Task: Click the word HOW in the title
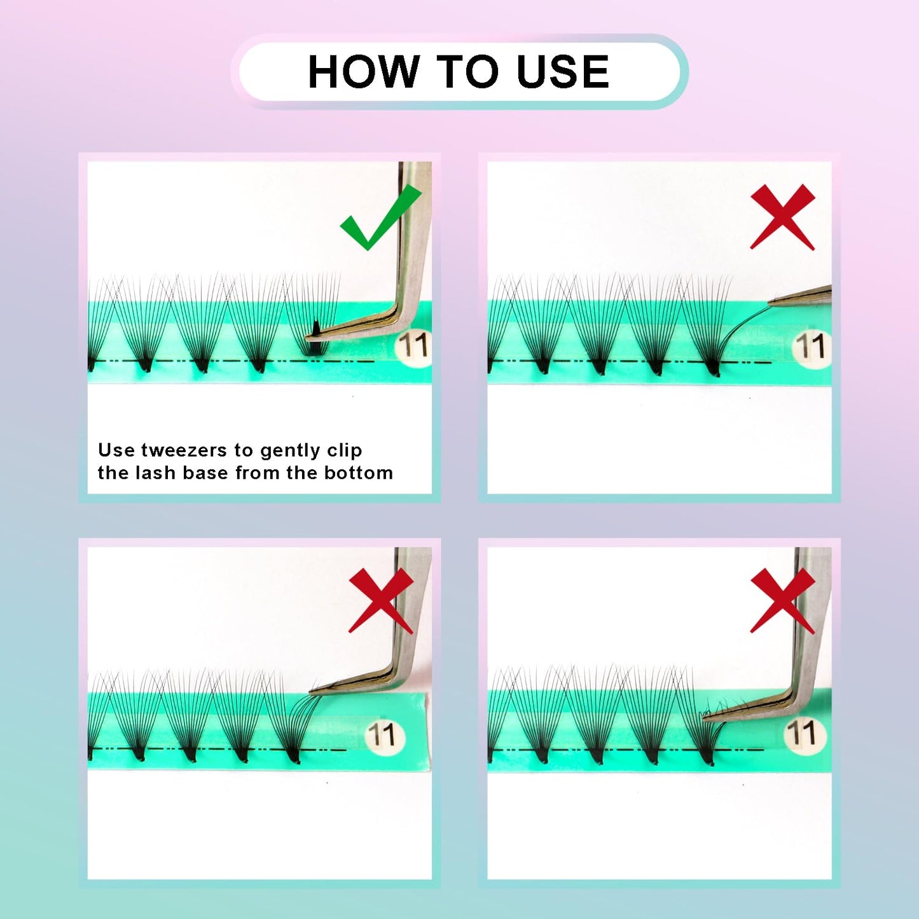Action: click(363, 71)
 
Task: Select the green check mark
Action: click(380, 218)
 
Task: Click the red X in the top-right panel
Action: click(782, 217)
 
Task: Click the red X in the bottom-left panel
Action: click(381, 600)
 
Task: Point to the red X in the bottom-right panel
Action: click(783, 600)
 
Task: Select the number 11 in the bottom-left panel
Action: click(382, 735)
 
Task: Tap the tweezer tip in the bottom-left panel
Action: click(312, 691)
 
